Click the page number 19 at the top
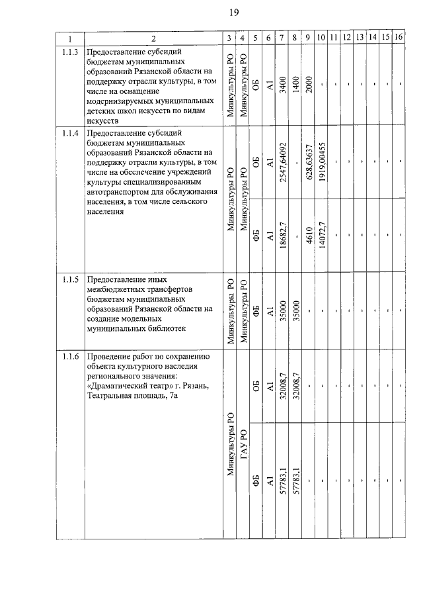234,13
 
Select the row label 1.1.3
70,52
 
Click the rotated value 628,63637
308,163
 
